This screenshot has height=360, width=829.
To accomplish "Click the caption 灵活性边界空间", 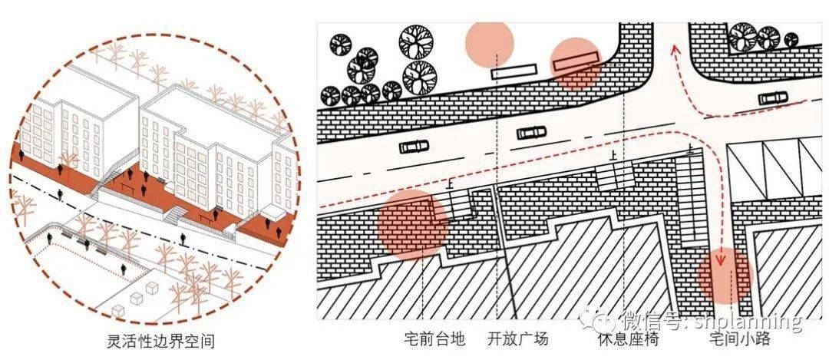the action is click(160, 341).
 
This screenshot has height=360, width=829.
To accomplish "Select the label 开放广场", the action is click(518, 338).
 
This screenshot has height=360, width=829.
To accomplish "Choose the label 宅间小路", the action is click(739, 338).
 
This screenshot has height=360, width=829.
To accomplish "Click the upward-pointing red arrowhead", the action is click(675, 49).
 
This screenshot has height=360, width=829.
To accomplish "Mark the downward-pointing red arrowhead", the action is click(719, 259).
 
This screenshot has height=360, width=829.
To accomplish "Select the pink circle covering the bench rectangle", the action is click(576, 62).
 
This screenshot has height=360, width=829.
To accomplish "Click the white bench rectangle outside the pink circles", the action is click(514, 71).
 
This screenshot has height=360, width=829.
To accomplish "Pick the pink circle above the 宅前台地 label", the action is click(413, 225).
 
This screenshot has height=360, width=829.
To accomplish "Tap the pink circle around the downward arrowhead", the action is click(725, 276).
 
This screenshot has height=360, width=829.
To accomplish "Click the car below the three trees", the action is click(772, 98).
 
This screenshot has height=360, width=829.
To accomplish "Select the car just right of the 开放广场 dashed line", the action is click(531, 132).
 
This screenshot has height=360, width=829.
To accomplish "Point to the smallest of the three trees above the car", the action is click(791, 40).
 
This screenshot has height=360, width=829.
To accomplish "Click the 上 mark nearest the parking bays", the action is click(689, 150).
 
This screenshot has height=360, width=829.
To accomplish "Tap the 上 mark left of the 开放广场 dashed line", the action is click(451, 183).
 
